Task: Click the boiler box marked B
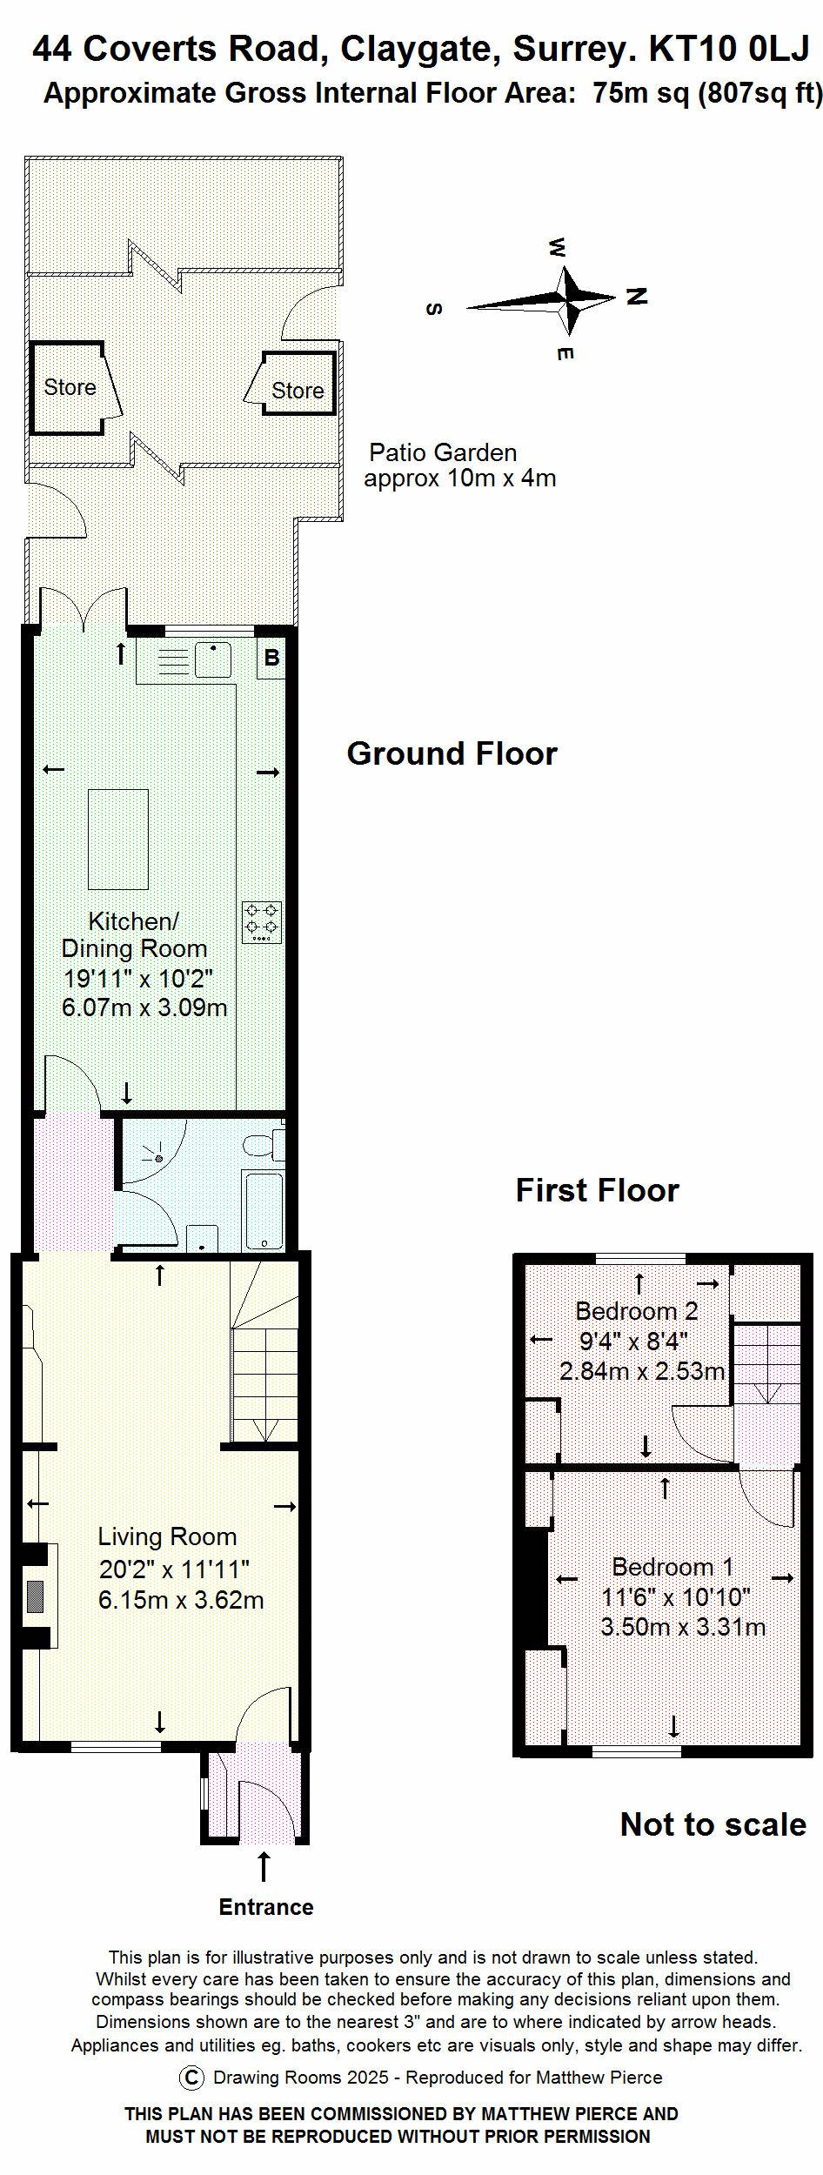click(x=271, y=658)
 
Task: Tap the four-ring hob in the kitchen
click(x=263, y=922)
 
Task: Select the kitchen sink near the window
click(x=213, y=660)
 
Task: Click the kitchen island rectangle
click(x=118, y=840)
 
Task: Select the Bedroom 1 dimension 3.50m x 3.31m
click(x=683, y=1627)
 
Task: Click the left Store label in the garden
click(x=70, y=387)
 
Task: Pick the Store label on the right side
click(x=298, y=391)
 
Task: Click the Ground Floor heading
click(x=452, y=753)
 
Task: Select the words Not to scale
click(x=713, y=1824)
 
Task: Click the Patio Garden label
click(x=443, y=452)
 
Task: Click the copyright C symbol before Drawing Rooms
click(x=191, y=2078)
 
